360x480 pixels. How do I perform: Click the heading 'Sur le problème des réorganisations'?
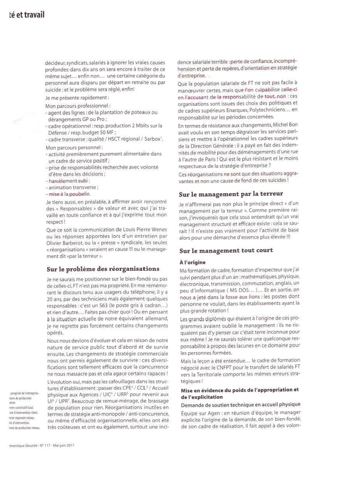(x=103, y=269)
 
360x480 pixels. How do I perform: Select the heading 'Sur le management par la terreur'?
(x=231, y=193)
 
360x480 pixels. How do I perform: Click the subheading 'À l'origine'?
(x=192, y=262)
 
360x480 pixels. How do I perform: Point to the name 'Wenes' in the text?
(x=158, y=230)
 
